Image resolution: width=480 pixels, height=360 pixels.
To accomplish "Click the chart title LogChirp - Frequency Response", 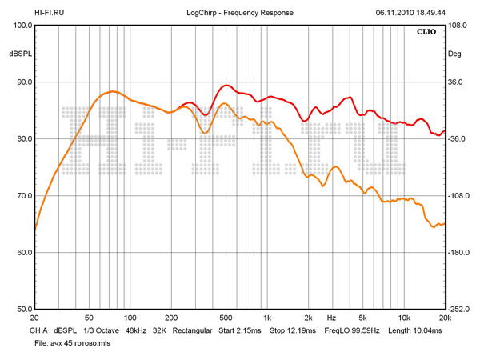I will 240,13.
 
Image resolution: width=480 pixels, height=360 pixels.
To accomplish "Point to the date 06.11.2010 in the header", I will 394,13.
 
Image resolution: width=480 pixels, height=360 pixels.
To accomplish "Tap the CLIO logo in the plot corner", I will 426,34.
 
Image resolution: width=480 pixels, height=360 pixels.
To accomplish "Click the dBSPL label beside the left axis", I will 20,54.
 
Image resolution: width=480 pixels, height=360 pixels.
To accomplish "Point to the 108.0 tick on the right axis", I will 457,26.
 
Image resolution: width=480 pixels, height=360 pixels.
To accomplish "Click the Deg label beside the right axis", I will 455,54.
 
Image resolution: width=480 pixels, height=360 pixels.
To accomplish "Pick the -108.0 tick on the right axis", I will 458,196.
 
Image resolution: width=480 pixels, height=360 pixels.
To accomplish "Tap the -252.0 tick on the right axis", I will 458,310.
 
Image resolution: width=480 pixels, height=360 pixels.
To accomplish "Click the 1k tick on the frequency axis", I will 268,318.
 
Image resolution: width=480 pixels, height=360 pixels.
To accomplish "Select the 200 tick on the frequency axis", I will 171,318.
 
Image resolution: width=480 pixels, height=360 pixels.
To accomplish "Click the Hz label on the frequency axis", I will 331,318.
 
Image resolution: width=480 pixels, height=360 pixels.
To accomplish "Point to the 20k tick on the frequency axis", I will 445,318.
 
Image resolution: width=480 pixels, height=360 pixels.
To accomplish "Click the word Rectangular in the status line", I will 192,330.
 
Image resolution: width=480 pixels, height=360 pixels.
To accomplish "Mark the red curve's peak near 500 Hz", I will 227,85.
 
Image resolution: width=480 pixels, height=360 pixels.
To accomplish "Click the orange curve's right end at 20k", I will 444,224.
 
